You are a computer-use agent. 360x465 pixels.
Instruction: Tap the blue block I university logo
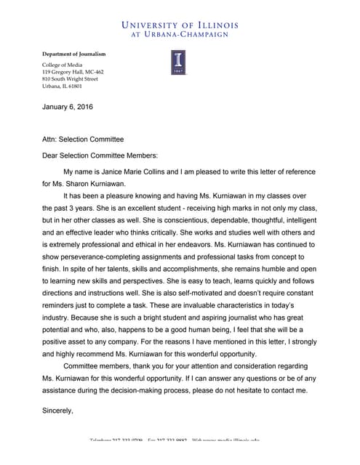click(x=177, y=62)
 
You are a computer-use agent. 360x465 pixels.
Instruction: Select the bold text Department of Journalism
click(x=73, y=54)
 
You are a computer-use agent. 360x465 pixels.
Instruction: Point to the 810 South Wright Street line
click(x=70, y=78)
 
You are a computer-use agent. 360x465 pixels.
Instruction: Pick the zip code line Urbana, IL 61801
click(x=62, y=86)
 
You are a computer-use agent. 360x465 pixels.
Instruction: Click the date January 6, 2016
click(x=68, y=108)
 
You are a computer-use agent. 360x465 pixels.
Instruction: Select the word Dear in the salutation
click(x=52, y=155)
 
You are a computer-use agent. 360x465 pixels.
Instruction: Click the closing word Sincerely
click(x=57, y=411)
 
